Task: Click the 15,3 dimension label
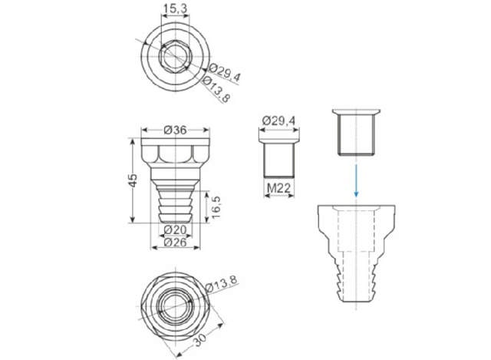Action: (x=176, y=8)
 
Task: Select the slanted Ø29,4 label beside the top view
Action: (x=224, y=72)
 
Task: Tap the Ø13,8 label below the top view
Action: (x=216, y=89)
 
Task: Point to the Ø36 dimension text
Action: (x=175, y=130)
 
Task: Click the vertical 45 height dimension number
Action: (x=133, y=180)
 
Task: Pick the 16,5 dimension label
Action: (x=216, y=207)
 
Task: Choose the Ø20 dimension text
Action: (x=175, y=230)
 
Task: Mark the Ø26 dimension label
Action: (x=175, y=242)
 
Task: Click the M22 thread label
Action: (x=278, y=188)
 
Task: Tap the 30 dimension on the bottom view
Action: (x=200, y=339)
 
